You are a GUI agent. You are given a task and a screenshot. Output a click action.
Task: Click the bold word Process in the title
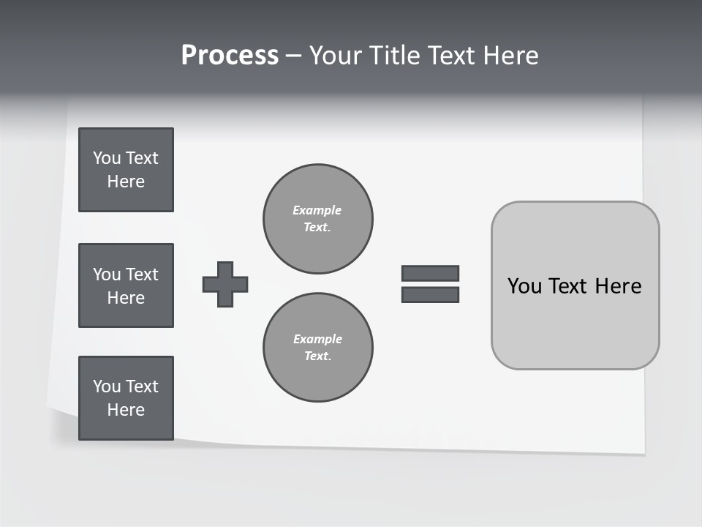point(230,56)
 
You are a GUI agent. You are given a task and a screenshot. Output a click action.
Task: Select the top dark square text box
point(126,170)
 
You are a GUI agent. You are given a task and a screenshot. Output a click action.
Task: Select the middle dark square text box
point(126,285)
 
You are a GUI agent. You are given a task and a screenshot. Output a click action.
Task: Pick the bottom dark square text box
point(126,398)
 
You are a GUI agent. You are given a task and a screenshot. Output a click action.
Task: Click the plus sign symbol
point(225,284)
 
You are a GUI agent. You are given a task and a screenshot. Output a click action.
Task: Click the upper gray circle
point(318,219)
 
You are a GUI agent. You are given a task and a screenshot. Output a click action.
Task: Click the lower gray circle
point(318,348)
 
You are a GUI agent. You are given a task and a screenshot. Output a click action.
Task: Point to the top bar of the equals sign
point(430,273)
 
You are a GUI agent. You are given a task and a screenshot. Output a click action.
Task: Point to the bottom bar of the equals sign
point(430,295)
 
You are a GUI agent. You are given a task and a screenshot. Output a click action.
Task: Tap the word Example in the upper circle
point(317,210)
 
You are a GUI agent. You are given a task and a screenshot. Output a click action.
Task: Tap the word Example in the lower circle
point(317,339)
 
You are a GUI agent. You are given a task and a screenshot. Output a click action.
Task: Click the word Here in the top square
point(126,182)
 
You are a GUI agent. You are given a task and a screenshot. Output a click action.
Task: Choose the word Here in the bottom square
point(126,410)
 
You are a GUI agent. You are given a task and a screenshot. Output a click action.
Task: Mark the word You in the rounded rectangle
point(524,286)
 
